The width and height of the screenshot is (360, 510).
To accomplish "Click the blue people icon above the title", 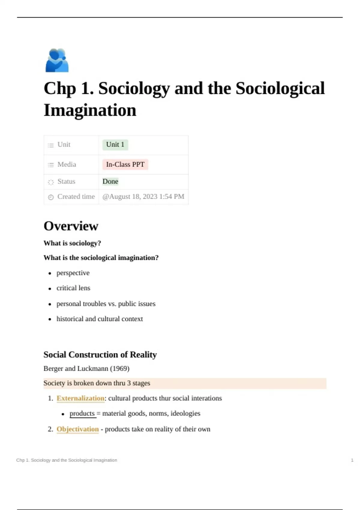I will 57,60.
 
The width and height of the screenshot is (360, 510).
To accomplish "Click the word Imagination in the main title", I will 90,110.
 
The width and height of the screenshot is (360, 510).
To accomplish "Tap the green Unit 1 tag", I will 115,145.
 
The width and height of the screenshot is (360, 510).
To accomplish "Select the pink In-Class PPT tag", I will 125,164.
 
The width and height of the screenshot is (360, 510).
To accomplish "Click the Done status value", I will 110,181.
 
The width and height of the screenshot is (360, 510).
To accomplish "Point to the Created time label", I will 76,197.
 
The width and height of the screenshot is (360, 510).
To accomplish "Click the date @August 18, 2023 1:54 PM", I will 143,197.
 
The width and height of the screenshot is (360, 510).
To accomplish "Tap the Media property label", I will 67,164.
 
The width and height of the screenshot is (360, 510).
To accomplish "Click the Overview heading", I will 71,226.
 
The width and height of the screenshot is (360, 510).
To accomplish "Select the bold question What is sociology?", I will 72,243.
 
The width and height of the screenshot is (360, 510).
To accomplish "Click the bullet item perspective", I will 73,273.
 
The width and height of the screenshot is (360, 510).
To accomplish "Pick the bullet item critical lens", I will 73,288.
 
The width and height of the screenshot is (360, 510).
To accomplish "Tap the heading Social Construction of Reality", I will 100,355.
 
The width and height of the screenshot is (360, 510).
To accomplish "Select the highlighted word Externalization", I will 80,398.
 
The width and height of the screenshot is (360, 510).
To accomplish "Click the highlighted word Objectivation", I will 78,429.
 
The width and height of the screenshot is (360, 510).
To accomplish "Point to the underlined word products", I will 82,413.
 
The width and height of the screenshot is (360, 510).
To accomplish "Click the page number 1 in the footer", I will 352,460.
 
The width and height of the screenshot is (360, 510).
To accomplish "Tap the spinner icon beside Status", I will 51,182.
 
